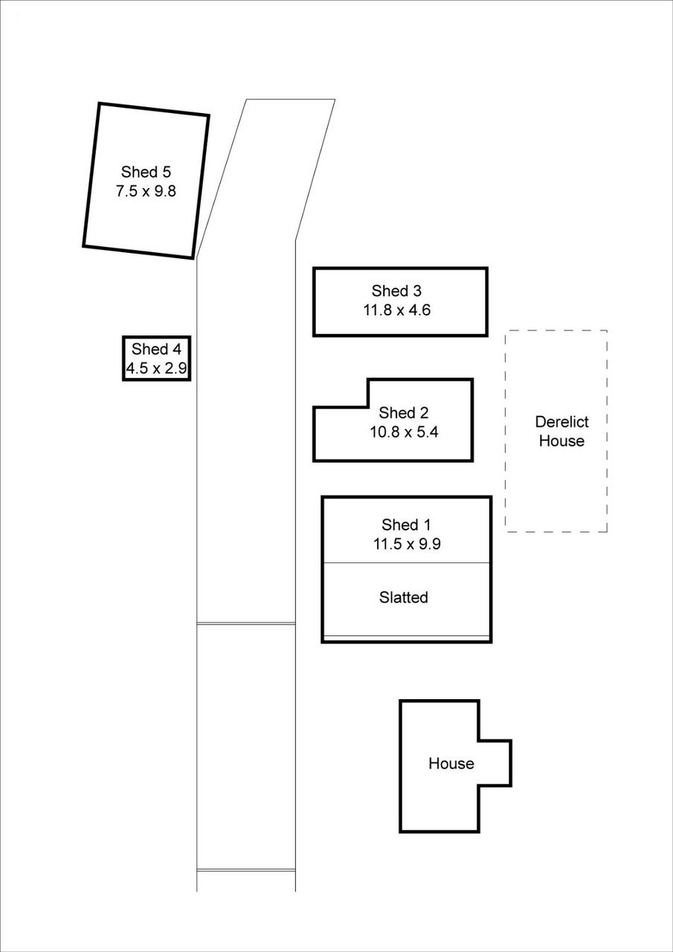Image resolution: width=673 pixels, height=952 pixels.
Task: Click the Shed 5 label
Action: click(151, 173)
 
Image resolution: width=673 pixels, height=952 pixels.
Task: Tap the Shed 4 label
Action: click(155, 349)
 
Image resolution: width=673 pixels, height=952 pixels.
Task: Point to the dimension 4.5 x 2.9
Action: click(155, 367)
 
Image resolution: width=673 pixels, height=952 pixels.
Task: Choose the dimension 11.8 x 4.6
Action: click(396, 310)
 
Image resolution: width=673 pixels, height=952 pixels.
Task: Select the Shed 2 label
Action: click(404, 413)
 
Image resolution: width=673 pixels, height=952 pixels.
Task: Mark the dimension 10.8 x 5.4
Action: click(404, 431)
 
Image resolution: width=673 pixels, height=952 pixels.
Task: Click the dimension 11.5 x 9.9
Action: click(406, 544)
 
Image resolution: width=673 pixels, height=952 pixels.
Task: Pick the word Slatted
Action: click(403, 597)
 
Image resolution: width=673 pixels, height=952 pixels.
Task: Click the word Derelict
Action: click(561, 422)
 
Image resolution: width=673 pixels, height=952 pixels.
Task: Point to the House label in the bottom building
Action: click(451, 763)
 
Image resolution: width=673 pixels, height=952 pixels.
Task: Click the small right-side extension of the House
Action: click(494, 763)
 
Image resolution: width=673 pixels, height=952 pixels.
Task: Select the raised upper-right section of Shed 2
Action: click(420, 393)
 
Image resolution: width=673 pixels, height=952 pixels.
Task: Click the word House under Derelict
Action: click(561, 441)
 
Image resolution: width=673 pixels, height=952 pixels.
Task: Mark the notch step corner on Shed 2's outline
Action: click(369, 407)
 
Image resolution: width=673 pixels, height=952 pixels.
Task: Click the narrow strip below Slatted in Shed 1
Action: click(406, 639)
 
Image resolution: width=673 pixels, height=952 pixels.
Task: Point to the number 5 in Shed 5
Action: click(176, 173)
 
